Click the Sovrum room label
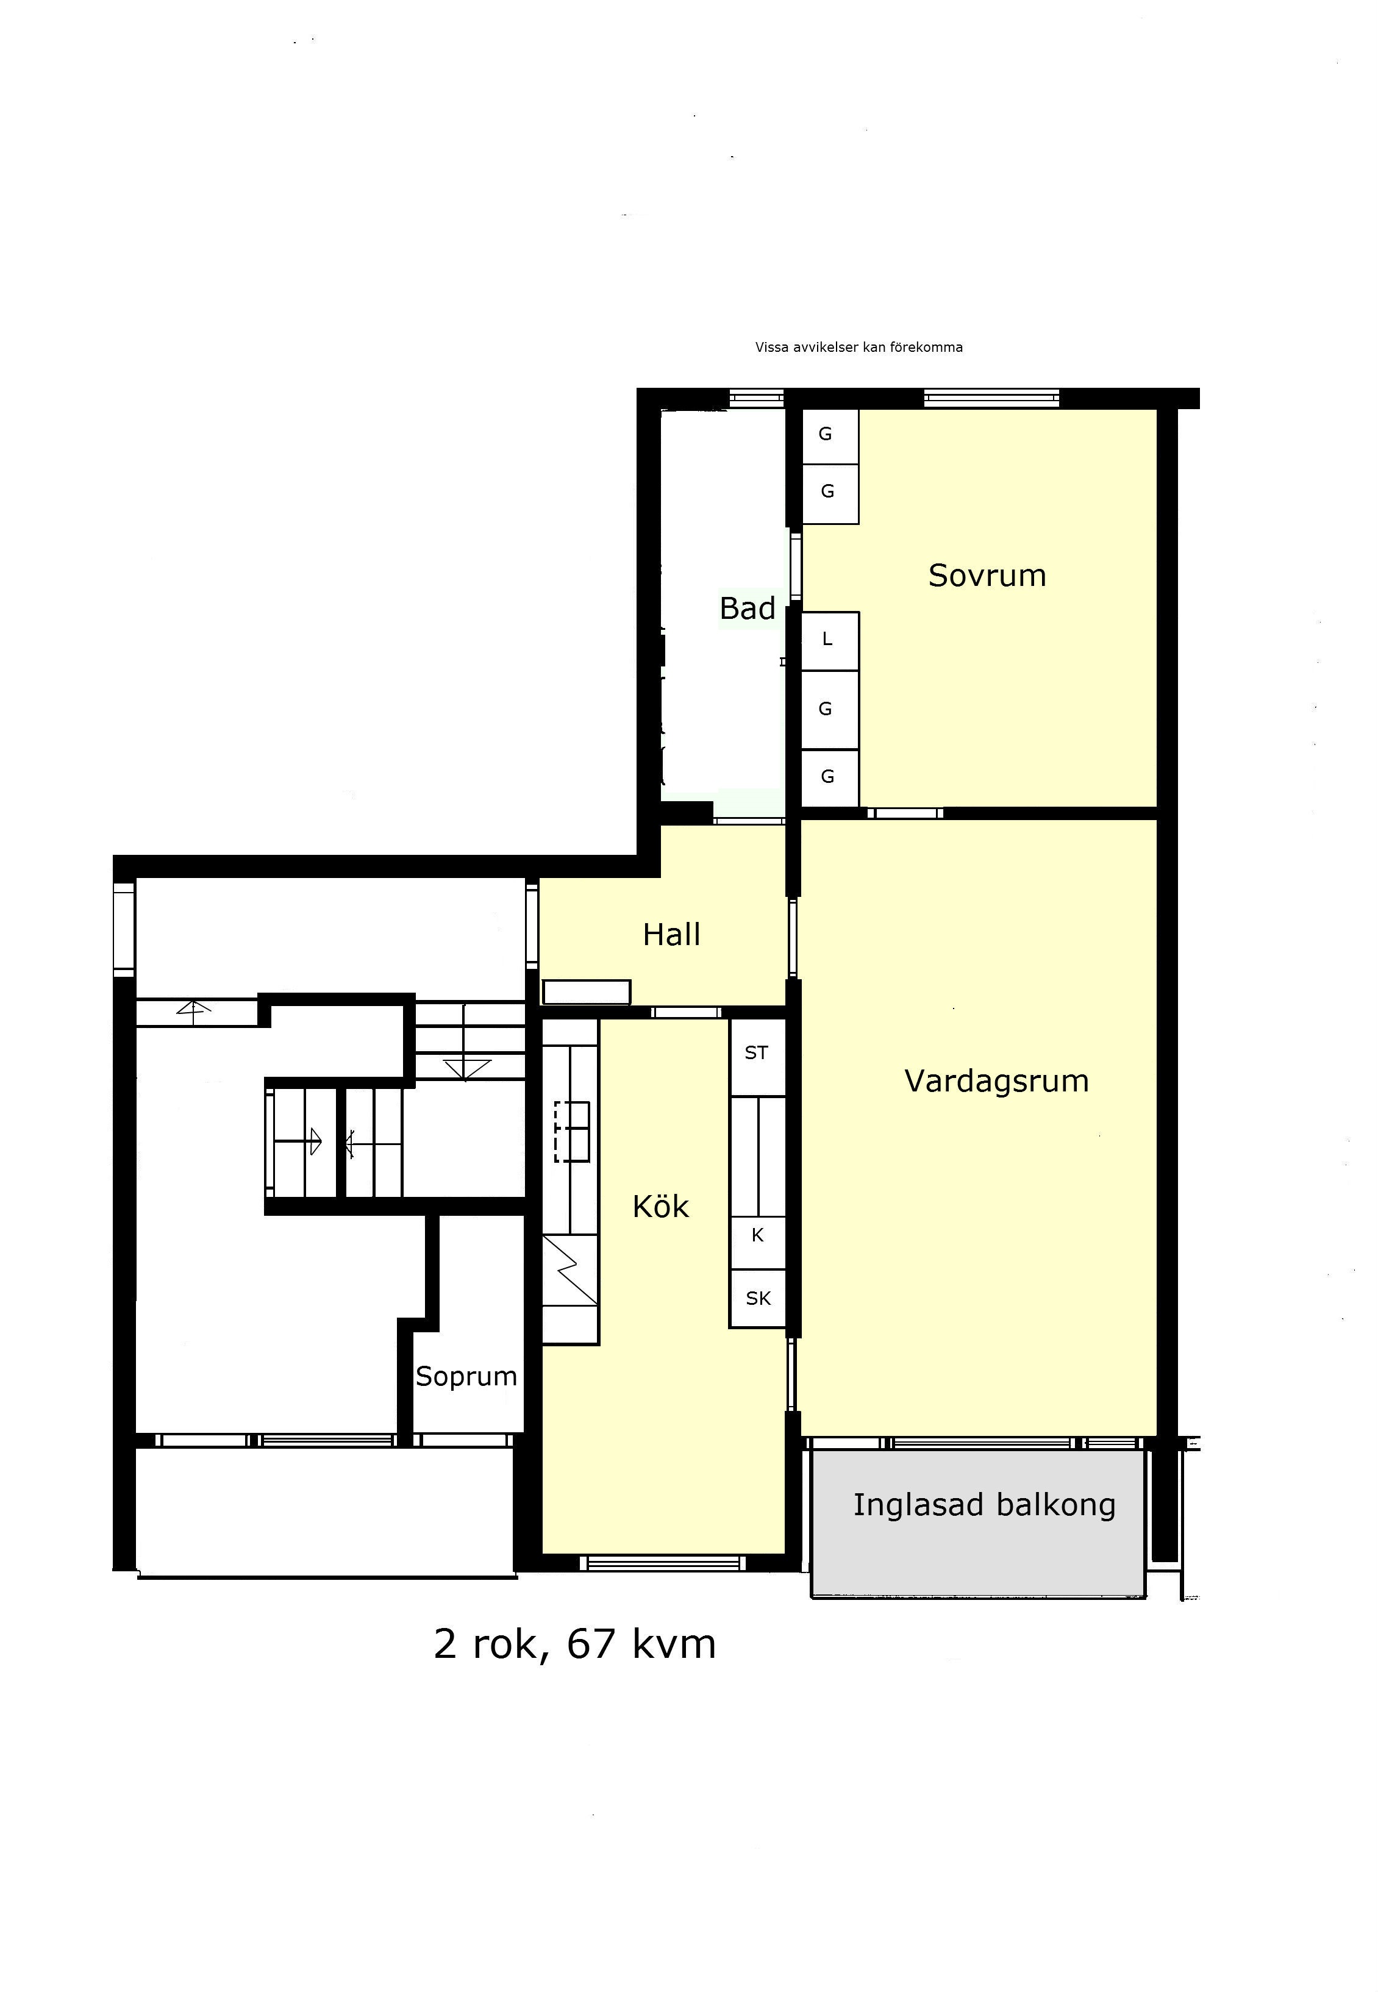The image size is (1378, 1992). click(987, 576)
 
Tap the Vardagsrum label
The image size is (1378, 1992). click(996, 1082)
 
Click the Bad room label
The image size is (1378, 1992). click(748, 609)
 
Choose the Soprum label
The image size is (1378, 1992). click(466, 1376)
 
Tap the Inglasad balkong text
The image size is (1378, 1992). click(984, 1504)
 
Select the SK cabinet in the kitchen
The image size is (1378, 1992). click(758, 1298)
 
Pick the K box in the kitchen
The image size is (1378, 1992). click(758, 1235)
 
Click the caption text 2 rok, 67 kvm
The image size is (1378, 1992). click(575, 1645)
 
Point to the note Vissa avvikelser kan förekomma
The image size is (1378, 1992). click(859, 347)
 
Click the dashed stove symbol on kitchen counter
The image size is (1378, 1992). click(571, 1132)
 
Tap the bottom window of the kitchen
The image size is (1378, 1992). click(662, 1563)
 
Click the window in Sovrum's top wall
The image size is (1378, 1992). click(991, 399)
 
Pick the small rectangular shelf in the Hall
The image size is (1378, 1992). click(586, 992)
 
